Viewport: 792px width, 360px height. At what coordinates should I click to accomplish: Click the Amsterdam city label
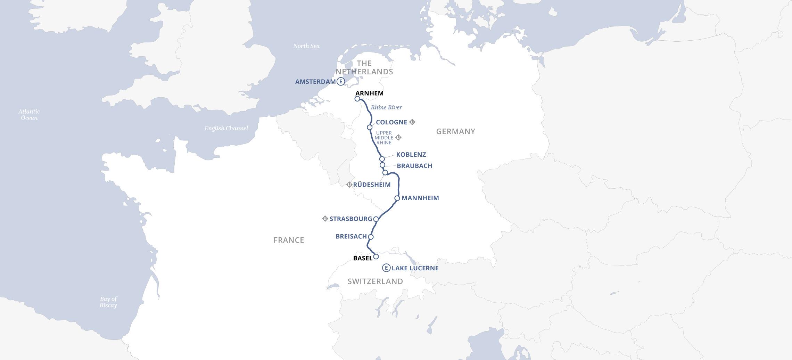point(315,82)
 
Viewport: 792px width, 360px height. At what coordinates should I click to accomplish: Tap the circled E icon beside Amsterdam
point(341,82)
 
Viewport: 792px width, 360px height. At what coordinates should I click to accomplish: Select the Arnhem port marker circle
point(357,99)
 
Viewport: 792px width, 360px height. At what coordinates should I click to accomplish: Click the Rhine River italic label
point(386,107)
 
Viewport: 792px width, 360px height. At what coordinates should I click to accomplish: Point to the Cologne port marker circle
point(370,128)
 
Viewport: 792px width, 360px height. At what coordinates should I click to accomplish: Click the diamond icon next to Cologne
point(412,122)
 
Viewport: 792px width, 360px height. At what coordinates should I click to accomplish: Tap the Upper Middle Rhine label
point(383,138)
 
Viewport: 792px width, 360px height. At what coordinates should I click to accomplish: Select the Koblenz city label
point(411,155)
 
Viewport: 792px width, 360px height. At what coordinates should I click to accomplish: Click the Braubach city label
point(414,166)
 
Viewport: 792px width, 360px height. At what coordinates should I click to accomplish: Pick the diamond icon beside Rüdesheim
point(349,185)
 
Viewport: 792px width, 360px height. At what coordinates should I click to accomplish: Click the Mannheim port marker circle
point(397,198)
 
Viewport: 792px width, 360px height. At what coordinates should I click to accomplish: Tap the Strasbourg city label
point(350,219)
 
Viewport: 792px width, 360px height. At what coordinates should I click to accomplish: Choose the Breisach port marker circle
point(371,237)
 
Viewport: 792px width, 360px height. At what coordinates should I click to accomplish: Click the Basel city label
point(362,258)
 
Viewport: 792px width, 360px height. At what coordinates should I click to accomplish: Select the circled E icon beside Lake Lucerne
point(386,268)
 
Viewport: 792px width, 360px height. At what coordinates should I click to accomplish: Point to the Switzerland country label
point(375,281)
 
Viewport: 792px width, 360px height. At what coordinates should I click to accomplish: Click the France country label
point(289,240)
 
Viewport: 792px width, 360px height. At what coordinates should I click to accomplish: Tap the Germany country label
point(455,131)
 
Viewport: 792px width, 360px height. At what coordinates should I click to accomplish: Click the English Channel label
point(226,128)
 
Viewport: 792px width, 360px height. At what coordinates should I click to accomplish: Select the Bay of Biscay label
point(108,302)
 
